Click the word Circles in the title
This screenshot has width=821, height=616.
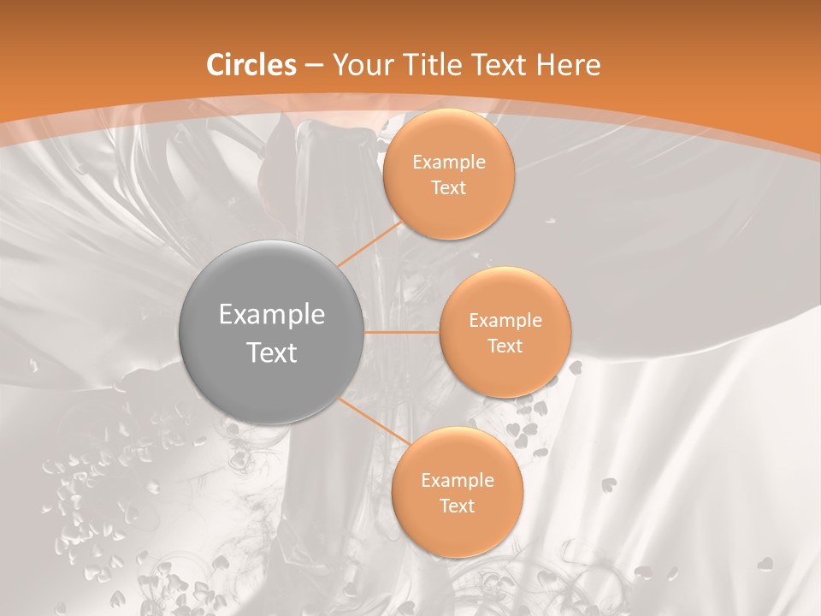(251, 65)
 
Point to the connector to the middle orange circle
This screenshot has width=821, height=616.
(402, 332)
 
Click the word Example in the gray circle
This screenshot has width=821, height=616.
(272, 315)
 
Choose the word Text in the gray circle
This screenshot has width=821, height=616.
(272, 352)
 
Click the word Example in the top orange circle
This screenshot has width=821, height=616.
(449, 163)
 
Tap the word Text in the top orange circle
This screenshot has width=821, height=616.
(449, 187)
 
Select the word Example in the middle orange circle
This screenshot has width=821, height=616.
(505, 321)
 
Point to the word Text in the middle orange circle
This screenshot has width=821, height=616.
(505, 346)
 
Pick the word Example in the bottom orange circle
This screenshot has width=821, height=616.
(458, 481)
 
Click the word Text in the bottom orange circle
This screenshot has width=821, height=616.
(458, 506)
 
